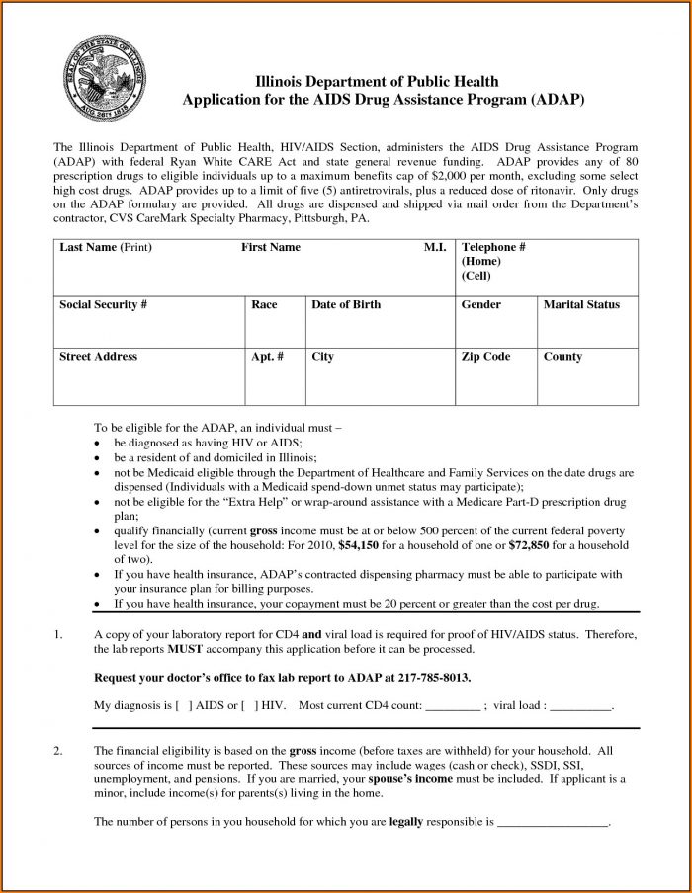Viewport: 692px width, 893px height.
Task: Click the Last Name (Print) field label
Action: pos(105,247)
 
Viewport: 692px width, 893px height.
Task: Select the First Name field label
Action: pos(270,247)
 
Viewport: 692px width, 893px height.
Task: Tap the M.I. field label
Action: pos(435,247)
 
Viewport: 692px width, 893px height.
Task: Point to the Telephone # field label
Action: pos(492,247)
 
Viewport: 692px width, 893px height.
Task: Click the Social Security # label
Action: pos(103,304)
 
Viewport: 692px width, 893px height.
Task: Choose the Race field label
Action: pos(264,304)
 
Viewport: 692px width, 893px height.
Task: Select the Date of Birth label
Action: pos(346,304)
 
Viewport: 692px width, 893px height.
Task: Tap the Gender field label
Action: pos(480,304)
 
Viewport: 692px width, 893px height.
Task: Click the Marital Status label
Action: pos(581,304)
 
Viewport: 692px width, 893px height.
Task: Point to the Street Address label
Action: pos(98,356)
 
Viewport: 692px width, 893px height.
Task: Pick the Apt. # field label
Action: pos(267,356)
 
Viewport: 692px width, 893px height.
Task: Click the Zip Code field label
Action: pos(486,356)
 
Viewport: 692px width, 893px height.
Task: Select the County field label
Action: pos(562,356)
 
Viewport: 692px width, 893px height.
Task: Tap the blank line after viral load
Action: pos(580,707)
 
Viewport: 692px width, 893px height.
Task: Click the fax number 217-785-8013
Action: pos(435,677)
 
